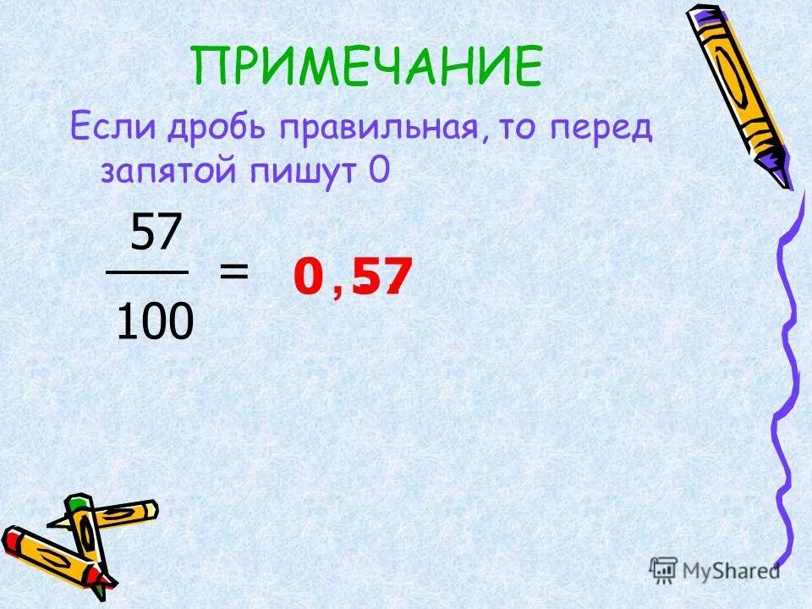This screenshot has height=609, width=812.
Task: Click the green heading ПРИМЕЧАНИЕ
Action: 365,66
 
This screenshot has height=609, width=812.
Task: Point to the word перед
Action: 611,130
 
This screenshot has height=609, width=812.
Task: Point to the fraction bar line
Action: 146,272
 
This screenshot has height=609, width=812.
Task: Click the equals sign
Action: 234,272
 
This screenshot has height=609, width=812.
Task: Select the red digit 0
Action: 309,277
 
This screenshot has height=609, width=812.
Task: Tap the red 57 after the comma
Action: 382,277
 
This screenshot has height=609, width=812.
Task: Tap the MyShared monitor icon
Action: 662,569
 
